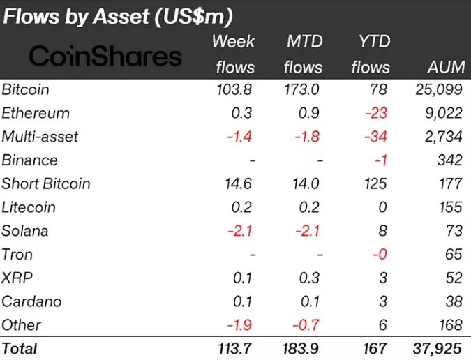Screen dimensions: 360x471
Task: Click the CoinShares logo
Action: coord(106,57)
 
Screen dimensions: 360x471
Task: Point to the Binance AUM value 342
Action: coord(448,160)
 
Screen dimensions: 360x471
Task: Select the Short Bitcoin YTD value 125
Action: coord(375,184)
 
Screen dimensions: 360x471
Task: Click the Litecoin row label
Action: coord(29,207)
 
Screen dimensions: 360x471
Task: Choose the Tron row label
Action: coord(17,255)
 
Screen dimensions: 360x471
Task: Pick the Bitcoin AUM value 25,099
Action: coord(437,90)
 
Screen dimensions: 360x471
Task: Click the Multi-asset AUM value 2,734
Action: coord(441,137)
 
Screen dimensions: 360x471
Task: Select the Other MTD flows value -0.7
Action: coord(308,325)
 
